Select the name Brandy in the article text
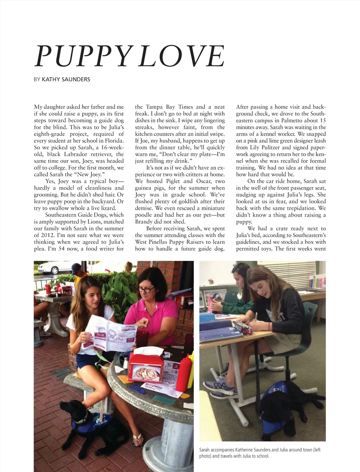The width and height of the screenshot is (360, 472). coord(143,222)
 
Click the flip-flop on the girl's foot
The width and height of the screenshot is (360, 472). coord(137,439)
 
